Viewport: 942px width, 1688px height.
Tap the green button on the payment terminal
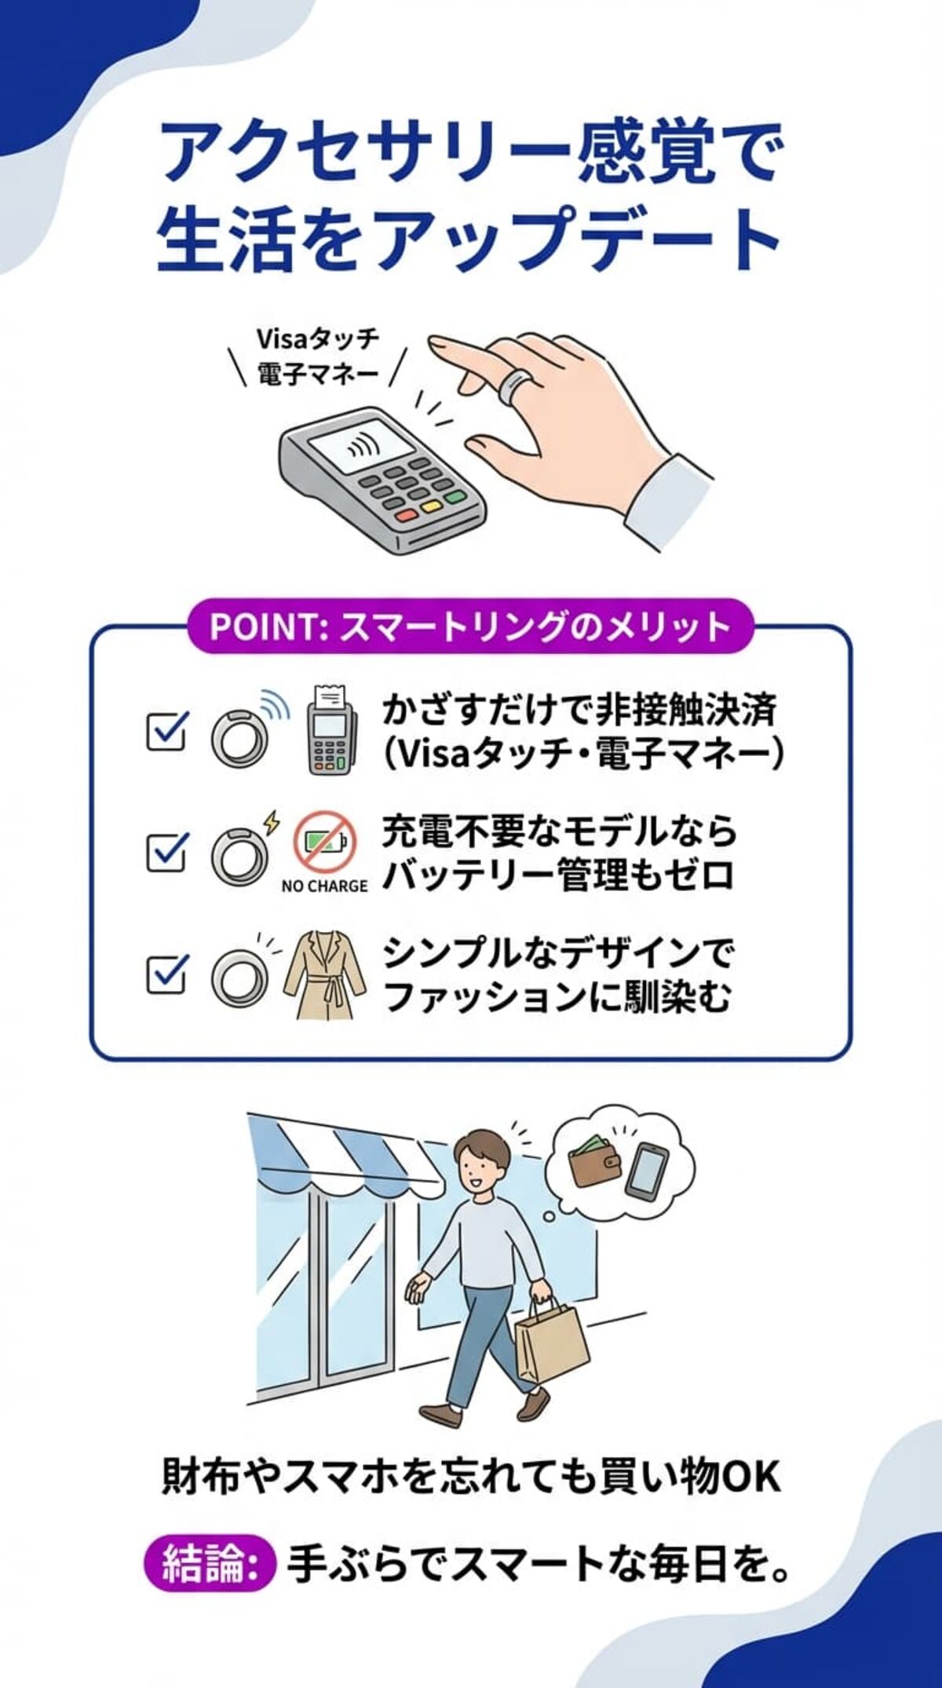click(455, 497)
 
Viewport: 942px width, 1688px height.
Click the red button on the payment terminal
click(407, 516)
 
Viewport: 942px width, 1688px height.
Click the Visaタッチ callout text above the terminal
click(318, 339)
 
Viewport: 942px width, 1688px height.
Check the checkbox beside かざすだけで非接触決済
click(167, 730)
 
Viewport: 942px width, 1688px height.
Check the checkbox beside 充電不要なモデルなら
click(167, 852)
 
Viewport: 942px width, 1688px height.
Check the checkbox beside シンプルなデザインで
click(167, 974)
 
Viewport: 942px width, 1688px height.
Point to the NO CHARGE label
click(324, 886)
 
